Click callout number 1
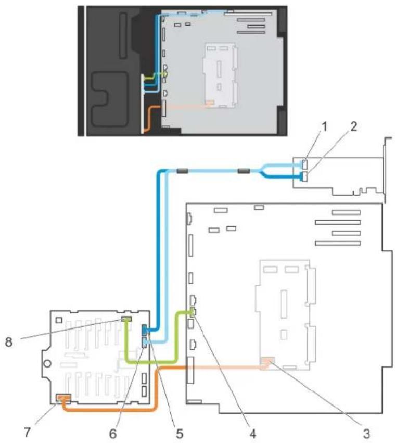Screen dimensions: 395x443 click(325, 127)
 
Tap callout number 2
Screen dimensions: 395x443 click(354, 127)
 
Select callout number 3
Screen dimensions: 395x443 click(366, 433)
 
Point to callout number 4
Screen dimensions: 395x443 click(252, 433)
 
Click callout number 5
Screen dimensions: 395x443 click(180, 433)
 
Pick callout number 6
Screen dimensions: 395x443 click(113, 433)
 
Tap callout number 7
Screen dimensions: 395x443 click(27, 432)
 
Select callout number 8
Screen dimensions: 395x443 click(9, 342)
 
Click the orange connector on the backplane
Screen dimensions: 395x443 click(63, 398)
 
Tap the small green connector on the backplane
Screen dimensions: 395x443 click(126, 319)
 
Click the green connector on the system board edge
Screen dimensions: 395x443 click(193, 311)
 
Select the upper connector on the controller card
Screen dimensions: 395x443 click(304, 164)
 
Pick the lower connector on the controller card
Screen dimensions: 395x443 click(304, 176)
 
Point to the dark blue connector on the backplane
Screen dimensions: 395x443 click(145, 330)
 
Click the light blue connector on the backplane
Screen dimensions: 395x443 click(145, 343)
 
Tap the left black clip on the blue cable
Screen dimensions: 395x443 click(182, 171)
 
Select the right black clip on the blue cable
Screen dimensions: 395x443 click(244, 171)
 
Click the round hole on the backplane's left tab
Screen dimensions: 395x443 click(47, 363)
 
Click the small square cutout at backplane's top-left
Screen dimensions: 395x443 click(59, 320)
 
